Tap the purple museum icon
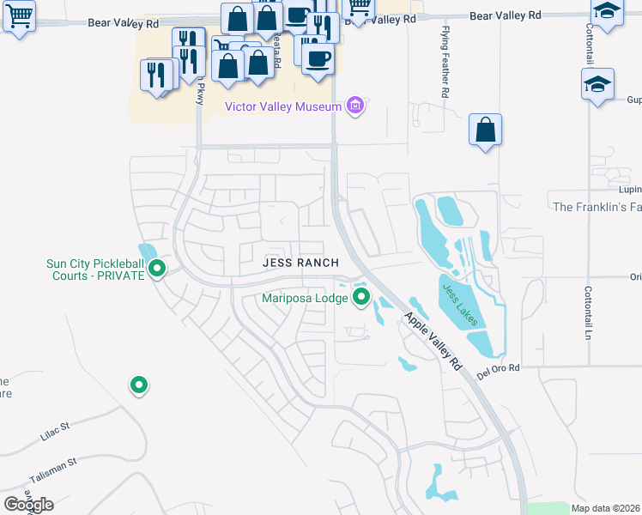pyautogui.click(x=354, y=106)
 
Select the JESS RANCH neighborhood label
pyautogui.click(x=300, y=263)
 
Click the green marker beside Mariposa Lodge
pyautogui.click(x=361, y=298)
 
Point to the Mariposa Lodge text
pyautogui.click(x=306, y=299)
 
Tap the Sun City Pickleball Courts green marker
pyautogui.click(x=157, y=270)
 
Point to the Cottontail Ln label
pyautogui.click(x=589, y=312)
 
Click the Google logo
pyautogui.click(x=28, y=505)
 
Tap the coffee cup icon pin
pyautogui.click(x=318, y=58)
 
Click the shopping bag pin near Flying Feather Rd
pyautogui.click(x=485, y=130)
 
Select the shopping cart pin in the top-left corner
pyautogui.click(x=19, y=14)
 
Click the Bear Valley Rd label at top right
pyautogui.click(x=506, y=15)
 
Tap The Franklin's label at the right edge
pyautogui.click(x=597, y=208)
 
